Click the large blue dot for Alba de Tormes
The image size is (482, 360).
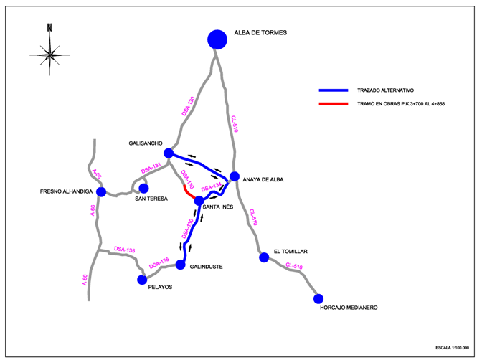217,39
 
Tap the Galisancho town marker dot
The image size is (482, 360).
169,153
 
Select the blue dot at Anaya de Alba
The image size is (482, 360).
235,176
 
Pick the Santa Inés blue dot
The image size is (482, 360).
199,201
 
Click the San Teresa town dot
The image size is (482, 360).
143,188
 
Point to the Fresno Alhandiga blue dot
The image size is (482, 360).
101,191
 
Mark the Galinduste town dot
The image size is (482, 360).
181,265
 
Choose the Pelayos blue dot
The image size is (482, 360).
142,279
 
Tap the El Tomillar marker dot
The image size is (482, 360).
264,255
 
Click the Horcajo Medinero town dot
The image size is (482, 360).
318,298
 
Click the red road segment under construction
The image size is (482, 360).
189,193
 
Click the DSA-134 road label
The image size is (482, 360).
212,188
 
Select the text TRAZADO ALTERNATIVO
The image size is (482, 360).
386,90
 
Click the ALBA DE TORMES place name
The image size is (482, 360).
260,33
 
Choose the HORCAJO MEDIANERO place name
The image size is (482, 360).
349,308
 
